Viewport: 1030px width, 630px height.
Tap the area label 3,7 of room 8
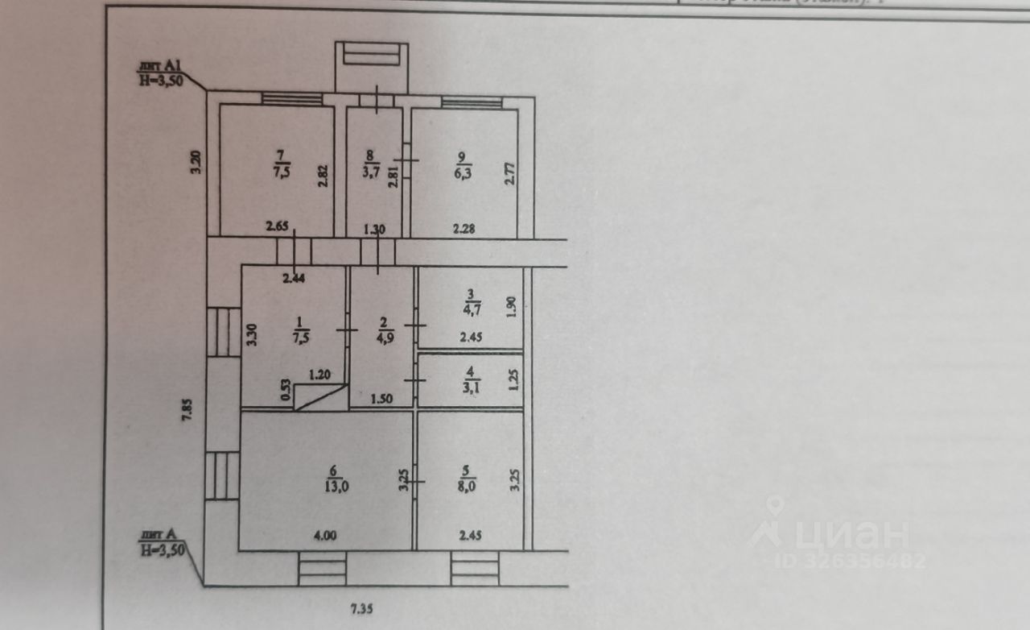click(370, 172)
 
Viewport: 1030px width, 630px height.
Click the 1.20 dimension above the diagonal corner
click(321, 375)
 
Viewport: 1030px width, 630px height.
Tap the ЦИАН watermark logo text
click(837, 534)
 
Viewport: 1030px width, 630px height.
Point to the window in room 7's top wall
click(291, 99)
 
